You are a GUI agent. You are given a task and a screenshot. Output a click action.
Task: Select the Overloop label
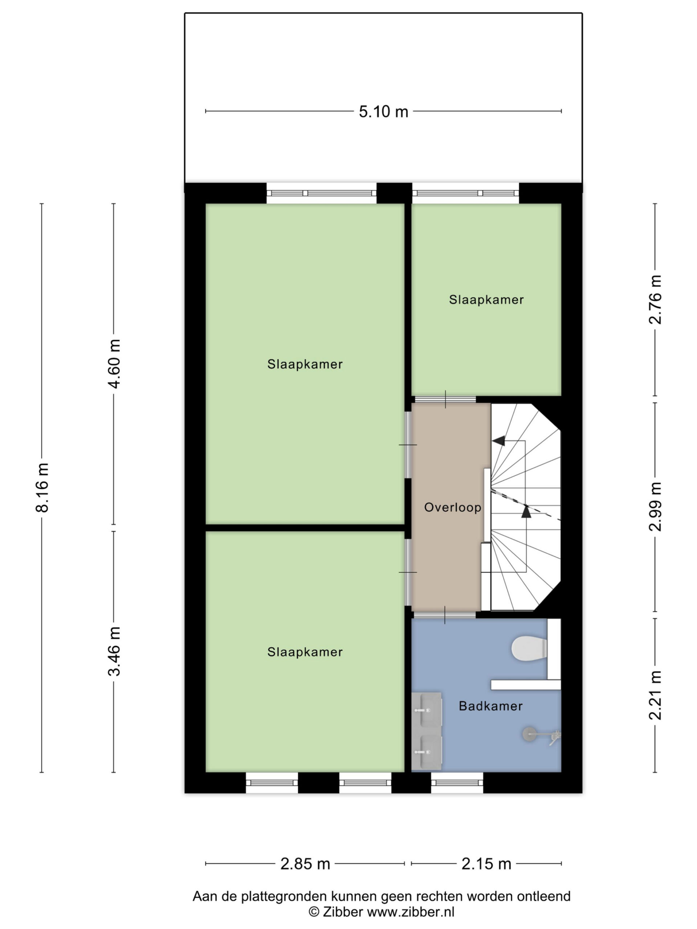[452, 507]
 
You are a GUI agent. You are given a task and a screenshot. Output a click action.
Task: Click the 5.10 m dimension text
[383, 112]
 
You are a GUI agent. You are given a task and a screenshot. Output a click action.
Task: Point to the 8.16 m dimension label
[42, 487]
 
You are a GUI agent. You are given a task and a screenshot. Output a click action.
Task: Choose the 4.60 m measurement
[114, 364]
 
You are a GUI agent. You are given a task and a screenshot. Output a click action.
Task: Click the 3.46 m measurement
[114, 651]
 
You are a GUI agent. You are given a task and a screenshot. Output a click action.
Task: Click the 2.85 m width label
[305, 864]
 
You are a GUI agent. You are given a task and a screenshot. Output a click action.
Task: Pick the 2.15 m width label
[486, 864]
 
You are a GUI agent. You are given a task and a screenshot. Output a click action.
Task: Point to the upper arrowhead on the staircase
[499, 441]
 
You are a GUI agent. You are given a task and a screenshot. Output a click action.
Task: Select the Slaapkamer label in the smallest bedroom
[486, 300]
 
